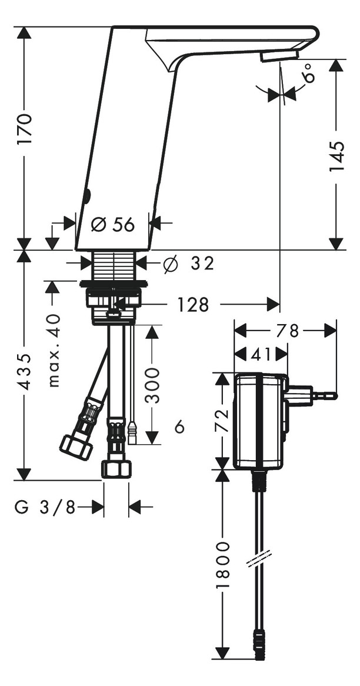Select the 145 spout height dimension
(336, 156)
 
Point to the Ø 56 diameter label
(114, 224)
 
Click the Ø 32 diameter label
(188, 264)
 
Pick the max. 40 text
(54, 350)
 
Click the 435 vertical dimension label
(24, 371)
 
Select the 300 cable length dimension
(152, 385)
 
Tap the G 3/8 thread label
(45, 507)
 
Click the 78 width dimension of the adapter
(285, 331)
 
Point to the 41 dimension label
(261, 354)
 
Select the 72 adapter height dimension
(222, 421)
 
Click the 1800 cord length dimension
(222, 565)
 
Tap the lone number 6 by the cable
(179, 427)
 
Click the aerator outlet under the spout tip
(279, 55)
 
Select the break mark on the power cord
(259, 558)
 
